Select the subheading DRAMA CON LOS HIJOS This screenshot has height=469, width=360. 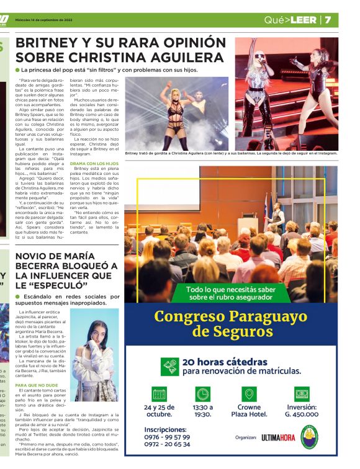94,163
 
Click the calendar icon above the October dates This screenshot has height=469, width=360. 159,393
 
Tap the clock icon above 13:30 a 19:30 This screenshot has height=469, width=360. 202,393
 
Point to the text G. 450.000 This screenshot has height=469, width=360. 302,414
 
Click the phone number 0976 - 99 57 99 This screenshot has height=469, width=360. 167,437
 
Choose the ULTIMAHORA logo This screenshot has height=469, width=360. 278,437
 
